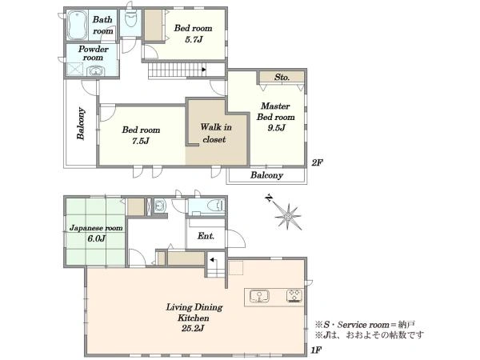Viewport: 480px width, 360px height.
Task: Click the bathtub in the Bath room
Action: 77,26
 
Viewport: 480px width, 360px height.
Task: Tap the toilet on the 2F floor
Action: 130,19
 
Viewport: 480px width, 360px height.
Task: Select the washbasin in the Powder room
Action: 96,71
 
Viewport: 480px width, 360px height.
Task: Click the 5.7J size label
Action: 193,39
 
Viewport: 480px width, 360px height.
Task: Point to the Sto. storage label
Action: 282,77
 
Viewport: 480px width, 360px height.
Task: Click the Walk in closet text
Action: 215,133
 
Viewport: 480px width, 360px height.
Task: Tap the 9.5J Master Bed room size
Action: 276,128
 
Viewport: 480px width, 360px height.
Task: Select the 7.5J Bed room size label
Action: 141,141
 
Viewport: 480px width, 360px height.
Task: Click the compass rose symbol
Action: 287,216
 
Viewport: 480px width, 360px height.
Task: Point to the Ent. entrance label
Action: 206,236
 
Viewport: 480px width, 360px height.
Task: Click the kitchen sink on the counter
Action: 259,296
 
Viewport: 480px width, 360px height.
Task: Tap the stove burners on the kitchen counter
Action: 294,296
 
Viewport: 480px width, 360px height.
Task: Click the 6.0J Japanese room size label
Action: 97,238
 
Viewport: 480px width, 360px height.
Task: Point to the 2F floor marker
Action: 317,163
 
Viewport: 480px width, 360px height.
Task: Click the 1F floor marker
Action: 316,350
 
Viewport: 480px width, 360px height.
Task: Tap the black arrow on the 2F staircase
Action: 204,70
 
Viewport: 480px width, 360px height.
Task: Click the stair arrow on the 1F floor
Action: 213,261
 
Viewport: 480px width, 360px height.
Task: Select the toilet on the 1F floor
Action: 215,205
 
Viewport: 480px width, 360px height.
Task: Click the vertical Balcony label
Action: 81,123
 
